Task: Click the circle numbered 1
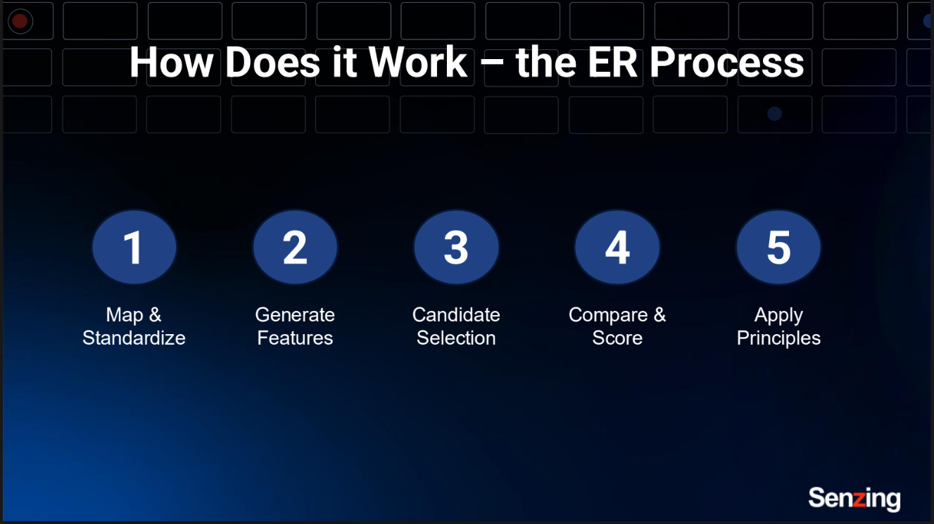(134, 248)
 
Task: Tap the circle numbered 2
(295, 248)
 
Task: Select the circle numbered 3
(456, 248)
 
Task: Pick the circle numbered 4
(617, 248)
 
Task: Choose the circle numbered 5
(778, 248)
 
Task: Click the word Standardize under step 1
(134, 338)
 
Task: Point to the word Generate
(295, 314)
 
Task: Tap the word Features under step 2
(295, 338)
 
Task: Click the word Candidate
(456, 314)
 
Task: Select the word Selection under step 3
(456, 338)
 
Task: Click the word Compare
(608, 314)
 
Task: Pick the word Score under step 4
(617, 338)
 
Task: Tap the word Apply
(778, 314)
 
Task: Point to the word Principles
(778, 338)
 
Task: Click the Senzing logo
(854, 499)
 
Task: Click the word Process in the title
(726, 63)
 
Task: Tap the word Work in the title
(417, 63)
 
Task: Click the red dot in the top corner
(20, 21)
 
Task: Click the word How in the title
(171, 63)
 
